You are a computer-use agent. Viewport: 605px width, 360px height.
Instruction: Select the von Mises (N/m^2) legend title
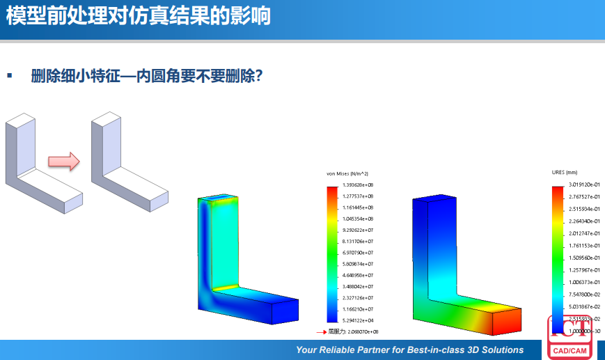click(347, 173)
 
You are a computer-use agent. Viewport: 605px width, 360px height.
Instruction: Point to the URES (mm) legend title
click(565, 172)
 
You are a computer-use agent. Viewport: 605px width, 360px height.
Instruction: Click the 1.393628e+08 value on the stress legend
click(359, 185)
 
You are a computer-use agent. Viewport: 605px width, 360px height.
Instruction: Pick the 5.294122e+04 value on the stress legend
click(359, 320)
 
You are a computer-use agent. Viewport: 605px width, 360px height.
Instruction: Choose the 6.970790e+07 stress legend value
click(359, 253)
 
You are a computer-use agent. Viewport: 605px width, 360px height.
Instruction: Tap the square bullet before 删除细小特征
click(10, 75)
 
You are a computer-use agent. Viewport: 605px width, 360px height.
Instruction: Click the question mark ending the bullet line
click(258, 75)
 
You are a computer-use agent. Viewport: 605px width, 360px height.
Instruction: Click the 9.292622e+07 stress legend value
click(359, 230)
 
